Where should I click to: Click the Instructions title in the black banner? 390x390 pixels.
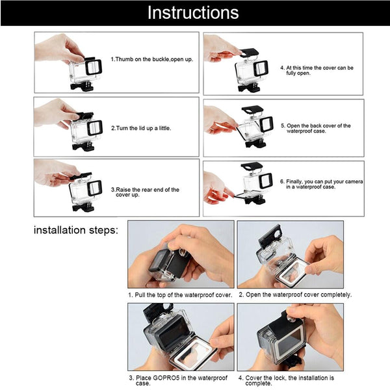(193, 12)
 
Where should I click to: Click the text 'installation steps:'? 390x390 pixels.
(75, 230)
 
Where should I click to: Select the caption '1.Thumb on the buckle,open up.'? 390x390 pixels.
(151, 59)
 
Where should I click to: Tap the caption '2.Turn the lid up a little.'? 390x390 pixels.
(141, 128)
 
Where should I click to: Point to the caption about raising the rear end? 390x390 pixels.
(148, 192)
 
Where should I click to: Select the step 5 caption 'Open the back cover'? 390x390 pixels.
(316, 128)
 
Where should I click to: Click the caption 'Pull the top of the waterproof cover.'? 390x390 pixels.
(180, 294)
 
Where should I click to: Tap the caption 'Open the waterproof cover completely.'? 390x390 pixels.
(294, 294)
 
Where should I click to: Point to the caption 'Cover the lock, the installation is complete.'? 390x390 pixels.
(286, 380)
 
